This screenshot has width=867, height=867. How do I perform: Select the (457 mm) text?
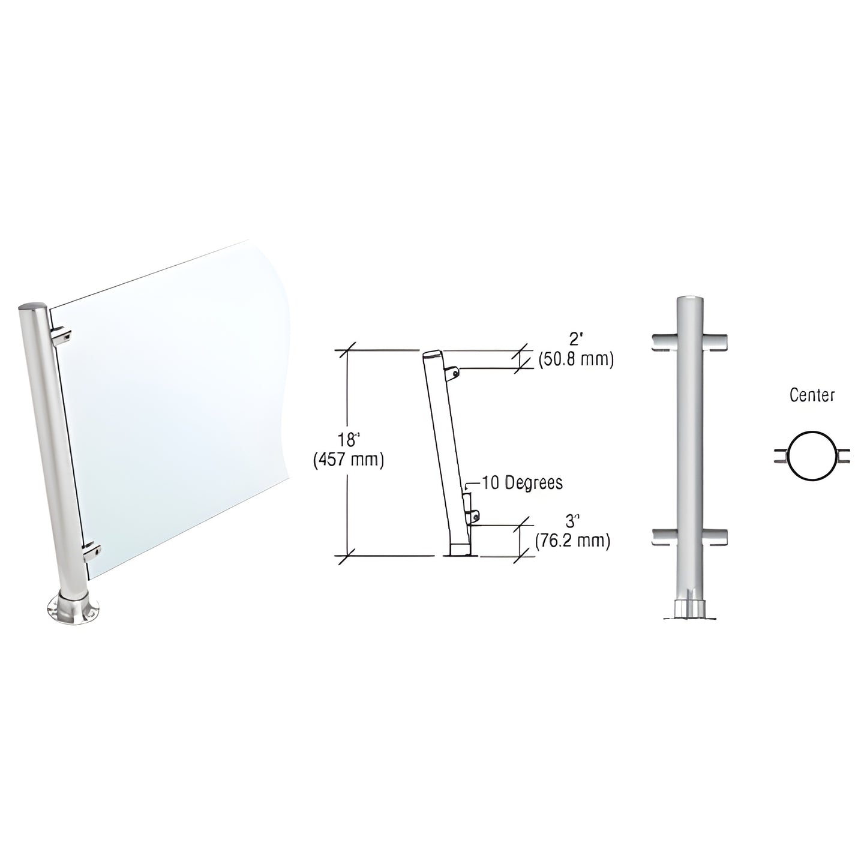[x=347, y=460]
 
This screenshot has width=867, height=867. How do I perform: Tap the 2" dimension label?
[x=575, y=339]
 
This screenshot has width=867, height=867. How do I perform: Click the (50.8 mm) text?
[x=575, y=360]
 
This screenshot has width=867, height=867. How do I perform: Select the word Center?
[x=812, y=395]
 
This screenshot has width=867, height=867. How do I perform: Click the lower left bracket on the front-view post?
[x=665, y=538]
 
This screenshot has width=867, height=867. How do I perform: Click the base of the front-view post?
[x=690, y=608]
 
